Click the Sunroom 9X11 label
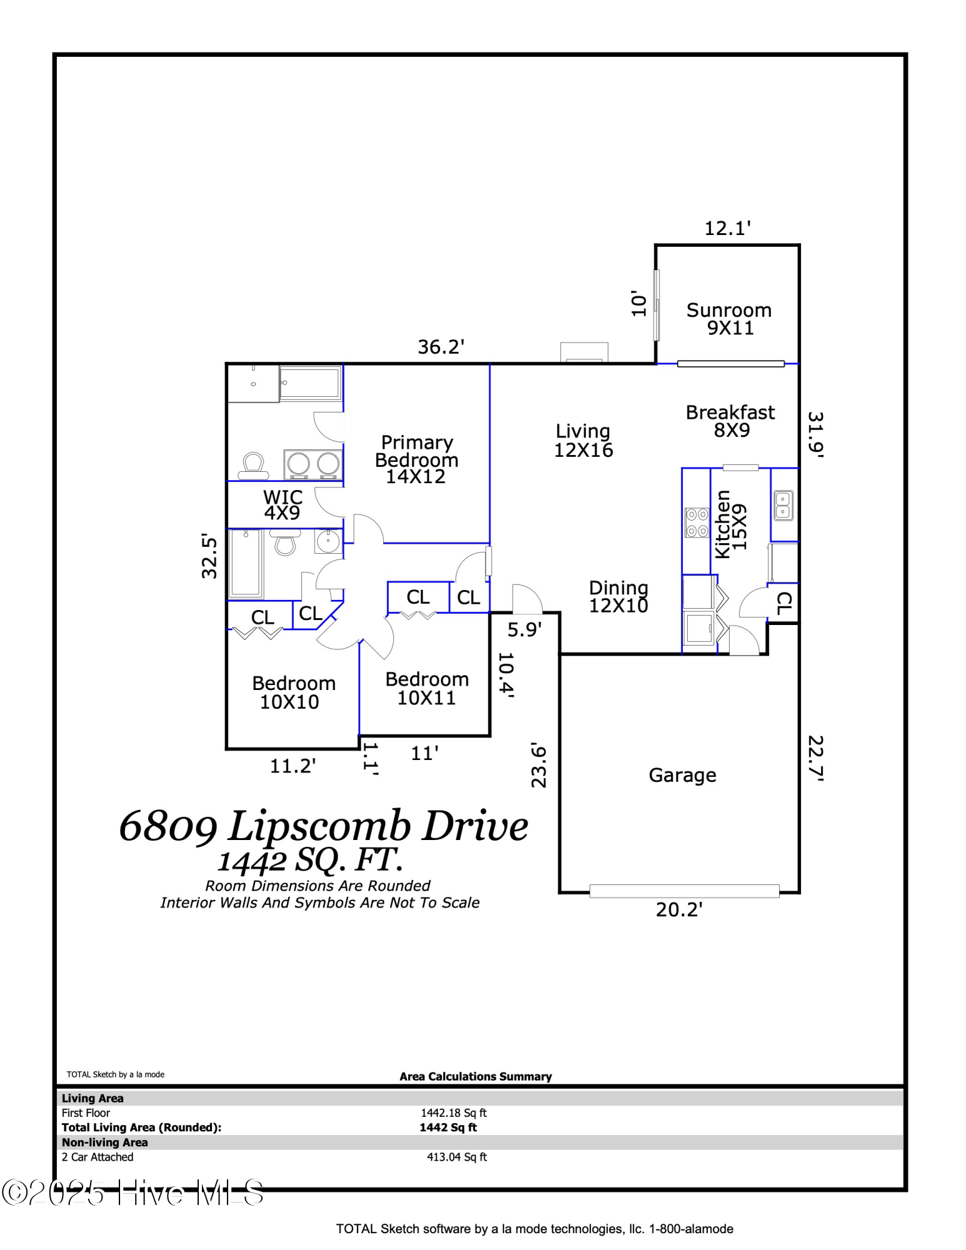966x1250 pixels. point(729,319)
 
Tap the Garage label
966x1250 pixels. point(682,775)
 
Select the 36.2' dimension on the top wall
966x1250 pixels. point(441,347)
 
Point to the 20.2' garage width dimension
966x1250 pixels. point(679,909)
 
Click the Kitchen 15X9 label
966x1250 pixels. point(730,524)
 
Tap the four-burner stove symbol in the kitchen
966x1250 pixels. point(697,522)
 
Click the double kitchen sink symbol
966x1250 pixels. point(783,506)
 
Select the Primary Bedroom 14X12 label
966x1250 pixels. point(416,459)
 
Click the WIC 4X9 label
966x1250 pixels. point(283,505)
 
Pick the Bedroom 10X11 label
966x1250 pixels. point(426,688)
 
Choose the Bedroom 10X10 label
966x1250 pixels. point(293,692)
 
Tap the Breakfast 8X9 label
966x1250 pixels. point(730,421)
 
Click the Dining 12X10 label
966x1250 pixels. point(618,596)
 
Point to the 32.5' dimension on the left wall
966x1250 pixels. point(209,556)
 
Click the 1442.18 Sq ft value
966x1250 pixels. point(453,1113)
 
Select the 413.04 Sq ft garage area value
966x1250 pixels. point(456,1157)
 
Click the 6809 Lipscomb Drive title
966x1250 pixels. point(323,826)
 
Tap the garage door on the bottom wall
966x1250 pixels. point(684,891)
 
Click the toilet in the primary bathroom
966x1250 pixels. point(253,466)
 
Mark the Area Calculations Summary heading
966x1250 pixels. point(475,1076)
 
